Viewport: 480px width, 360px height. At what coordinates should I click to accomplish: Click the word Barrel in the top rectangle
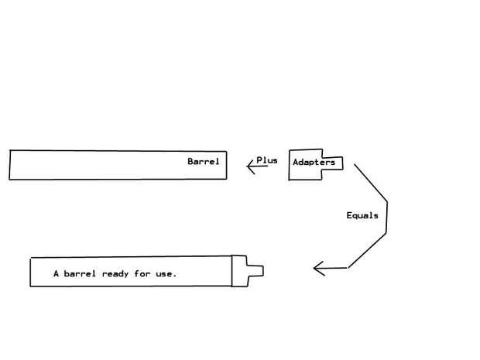[203, 162]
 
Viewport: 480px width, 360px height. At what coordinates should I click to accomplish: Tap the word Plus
[266, 160]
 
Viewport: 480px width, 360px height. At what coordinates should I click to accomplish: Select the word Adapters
[314, 163]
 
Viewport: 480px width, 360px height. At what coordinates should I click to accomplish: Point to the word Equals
[362, 215]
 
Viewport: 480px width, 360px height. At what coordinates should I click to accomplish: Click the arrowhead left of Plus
[250, 166]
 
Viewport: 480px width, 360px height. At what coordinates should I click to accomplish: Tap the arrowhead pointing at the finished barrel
[317, 269]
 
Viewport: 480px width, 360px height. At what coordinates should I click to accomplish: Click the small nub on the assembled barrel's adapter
[256, 271]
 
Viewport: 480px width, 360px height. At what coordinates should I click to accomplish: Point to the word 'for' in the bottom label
[142, 274]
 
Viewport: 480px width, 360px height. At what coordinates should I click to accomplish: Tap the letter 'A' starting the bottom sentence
[56, 274]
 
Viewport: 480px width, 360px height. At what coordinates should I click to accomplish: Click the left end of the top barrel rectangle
[10, 165]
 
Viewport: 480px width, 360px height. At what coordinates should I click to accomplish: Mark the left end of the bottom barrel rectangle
[31, 273]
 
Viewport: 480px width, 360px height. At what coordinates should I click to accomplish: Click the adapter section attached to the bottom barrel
[239, 271]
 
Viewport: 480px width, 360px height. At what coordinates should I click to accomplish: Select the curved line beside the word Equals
[386, 221]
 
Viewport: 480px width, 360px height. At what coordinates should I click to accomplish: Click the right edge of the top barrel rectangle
[227, 165]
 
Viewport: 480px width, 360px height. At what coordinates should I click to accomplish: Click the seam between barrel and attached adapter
[232, 271]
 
